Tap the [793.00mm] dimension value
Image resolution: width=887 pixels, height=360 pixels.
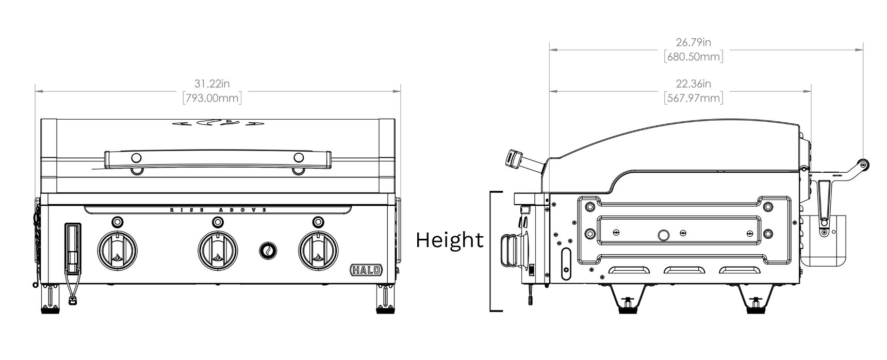(212, 97)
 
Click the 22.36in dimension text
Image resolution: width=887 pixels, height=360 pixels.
(693, 83)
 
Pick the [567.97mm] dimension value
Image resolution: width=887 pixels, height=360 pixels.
(693, 97)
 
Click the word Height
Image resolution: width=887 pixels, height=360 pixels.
(450, 240)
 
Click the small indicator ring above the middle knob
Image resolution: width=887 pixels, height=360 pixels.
(218, 221)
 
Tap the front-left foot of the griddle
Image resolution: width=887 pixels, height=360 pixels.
(50, 302)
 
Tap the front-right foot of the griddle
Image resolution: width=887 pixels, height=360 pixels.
(385, 302)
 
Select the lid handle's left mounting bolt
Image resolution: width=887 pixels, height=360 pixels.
(136, 157)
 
